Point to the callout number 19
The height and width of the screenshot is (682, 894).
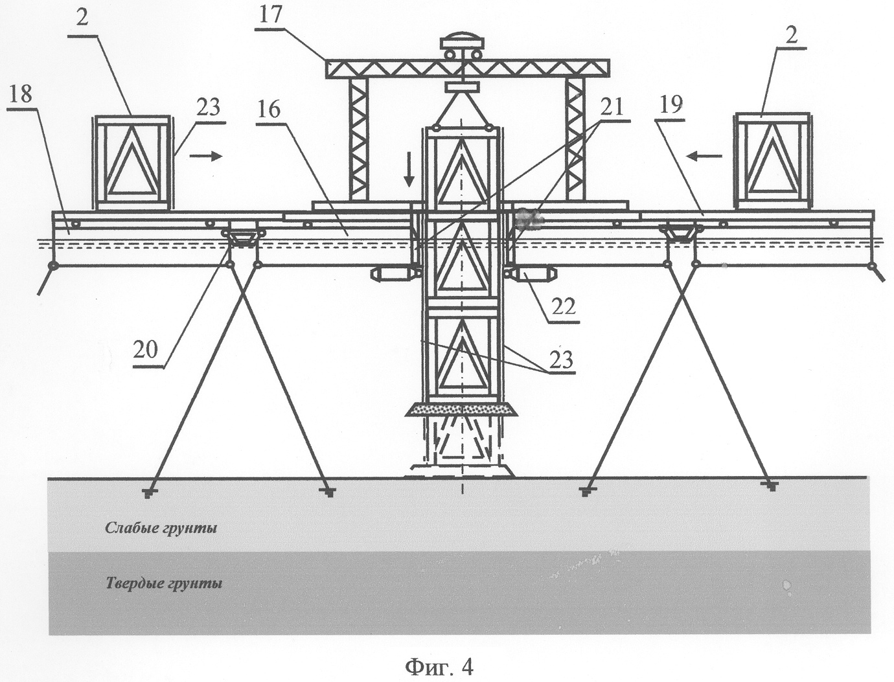coord(672,104)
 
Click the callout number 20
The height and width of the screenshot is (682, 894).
coord(145,350)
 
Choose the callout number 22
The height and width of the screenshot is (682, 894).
coord(563,306)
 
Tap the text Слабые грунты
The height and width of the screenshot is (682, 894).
coord(161,529)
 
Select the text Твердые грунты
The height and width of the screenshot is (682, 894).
coord(164,584)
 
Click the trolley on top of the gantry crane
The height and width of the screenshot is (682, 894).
coord(461,47)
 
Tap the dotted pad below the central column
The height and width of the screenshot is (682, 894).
coord(461,409)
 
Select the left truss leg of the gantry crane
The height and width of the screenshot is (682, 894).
coord(358,139)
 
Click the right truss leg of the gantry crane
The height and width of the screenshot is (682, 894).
coord(574,139)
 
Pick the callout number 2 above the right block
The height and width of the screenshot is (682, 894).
coord(790,36)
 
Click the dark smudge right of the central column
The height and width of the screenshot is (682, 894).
coord(529,219)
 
